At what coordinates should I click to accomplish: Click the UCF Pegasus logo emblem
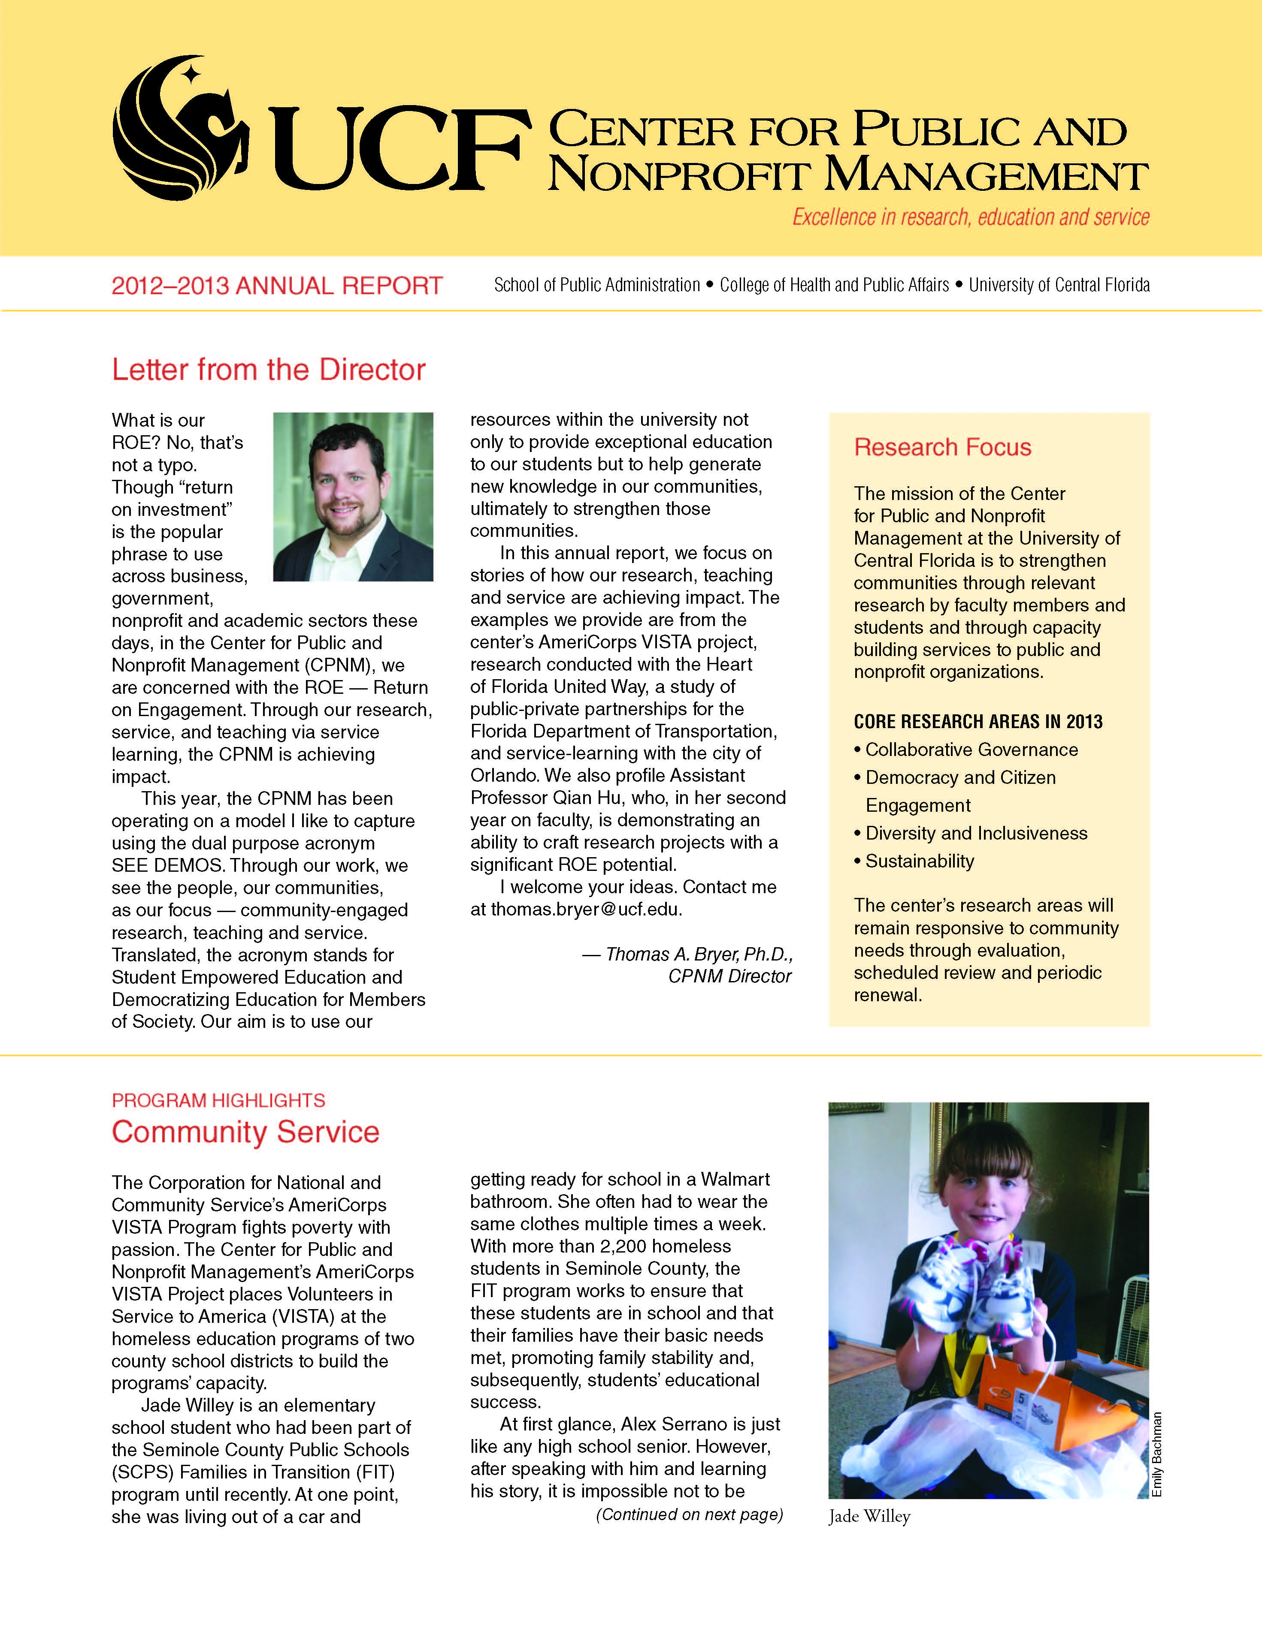179,127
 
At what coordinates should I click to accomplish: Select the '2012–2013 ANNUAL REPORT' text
277,286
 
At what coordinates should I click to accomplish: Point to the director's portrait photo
353,497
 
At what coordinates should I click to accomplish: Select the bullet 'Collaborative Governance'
971,750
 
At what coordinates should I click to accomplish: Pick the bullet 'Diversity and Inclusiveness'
976,833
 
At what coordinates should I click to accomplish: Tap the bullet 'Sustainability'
920,861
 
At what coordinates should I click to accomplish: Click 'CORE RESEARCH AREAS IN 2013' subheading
978,721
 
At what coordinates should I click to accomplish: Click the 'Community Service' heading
245,1132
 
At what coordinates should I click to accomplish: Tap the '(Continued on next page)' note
689,1514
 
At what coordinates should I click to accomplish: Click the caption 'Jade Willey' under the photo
869,1516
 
